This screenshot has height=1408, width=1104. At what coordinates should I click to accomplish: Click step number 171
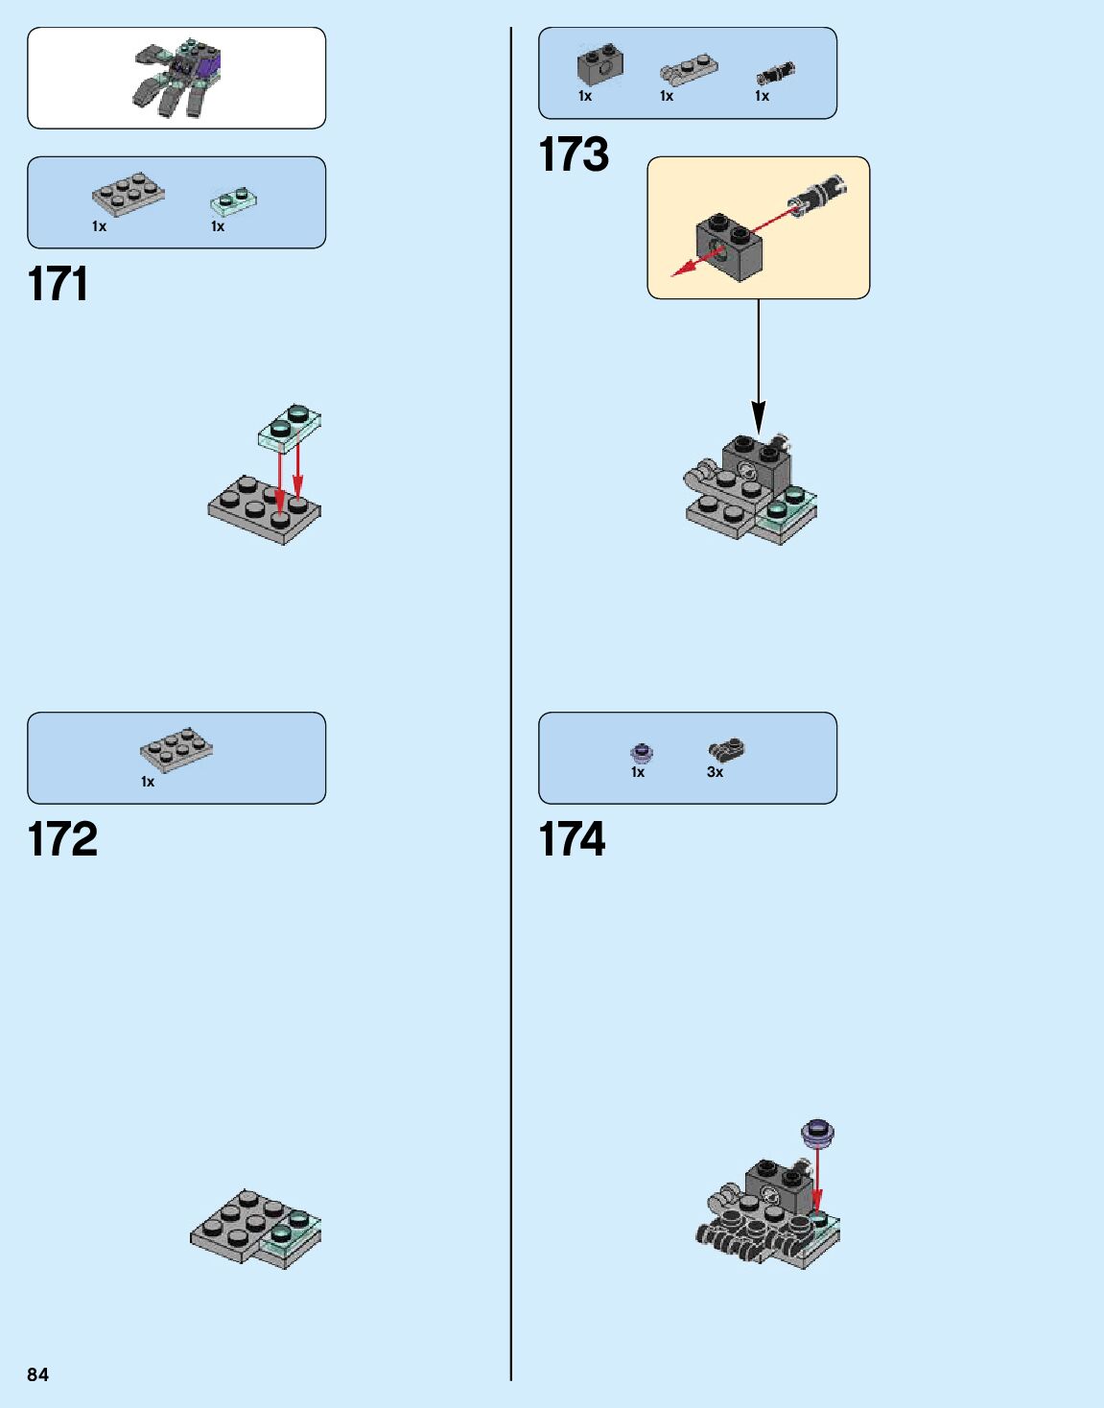(58, 285)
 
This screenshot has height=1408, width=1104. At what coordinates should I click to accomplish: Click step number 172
(62, 839)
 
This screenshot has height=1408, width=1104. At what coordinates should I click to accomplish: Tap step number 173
(574, 154)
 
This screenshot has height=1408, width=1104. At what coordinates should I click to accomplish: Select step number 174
(572, 839)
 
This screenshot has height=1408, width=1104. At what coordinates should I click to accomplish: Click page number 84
(37, 1374)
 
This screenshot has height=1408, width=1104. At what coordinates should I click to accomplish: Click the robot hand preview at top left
(176, 79)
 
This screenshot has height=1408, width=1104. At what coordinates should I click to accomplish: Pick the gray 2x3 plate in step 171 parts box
(128, 194)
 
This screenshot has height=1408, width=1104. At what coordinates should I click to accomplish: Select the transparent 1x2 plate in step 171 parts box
(234, 200)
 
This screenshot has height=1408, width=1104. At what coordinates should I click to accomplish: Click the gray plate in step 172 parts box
(176, 749)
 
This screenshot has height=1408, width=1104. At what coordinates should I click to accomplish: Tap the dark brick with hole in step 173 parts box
(600, 65)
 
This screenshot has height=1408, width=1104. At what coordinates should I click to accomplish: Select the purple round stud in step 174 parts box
(641, 753)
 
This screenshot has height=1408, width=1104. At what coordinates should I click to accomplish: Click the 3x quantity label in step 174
(715, 772)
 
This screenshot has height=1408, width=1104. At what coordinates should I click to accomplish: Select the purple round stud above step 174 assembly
(817, 1133)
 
